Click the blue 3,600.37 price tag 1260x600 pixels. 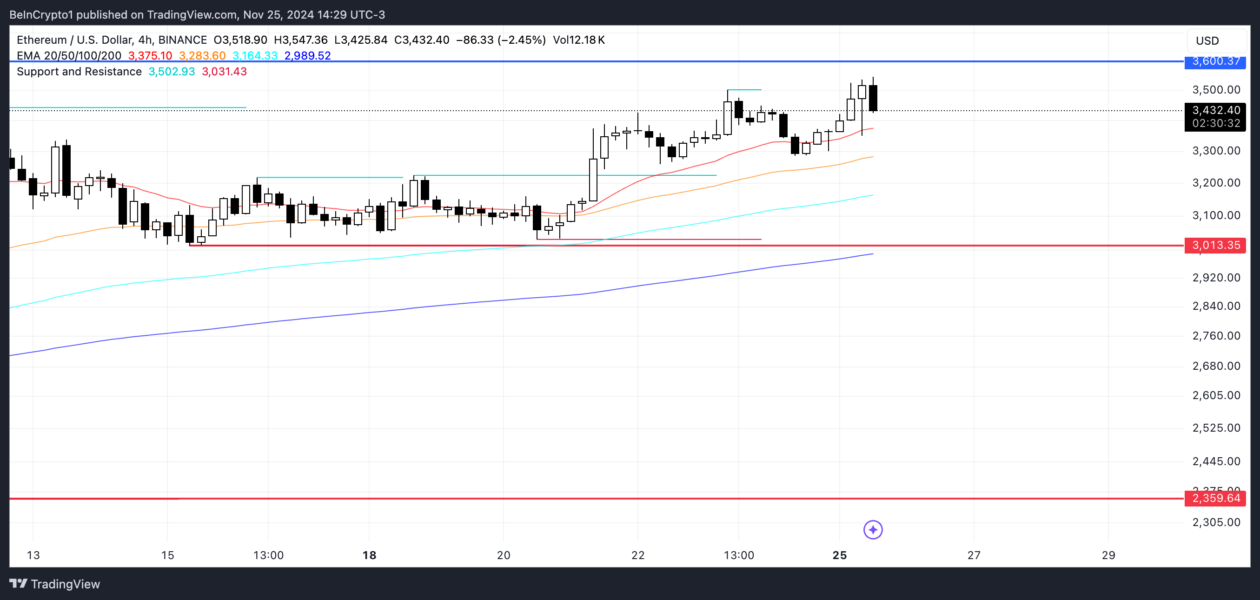click(1215, 62)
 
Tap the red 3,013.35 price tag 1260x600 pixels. click(1215, 245)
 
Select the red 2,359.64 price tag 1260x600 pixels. click(1215, 498)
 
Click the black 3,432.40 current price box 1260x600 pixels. click(1215, 111)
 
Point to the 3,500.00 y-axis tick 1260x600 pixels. click(1216, 90)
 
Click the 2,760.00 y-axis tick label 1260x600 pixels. click(1216, 336)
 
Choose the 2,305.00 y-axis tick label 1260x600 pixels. click(1216, 522)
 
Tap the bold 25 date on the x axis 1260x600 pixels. click(839, 555)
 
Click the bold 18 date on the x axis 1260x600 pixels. click(369, 555)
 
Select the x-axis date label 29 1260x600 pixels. click(1108, 555)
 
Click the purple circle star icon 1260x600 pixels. click(873, 529)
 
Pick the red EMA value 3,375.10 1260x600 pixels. click(150, 56)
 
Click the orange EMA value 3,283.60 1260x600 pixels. click(202, 56)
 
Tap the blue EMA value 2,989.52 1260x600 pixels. click(307, 56)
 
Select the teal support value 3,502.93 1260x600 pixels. click(172, 72)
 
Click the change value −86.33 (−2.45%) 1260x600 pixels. click(501, 40)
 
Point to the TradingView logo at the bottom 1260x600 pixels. click(55, 584)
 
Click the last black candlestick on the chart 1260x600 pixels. click(873, 98)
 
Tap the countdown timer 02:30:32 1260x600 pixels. click(1216, 123)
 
